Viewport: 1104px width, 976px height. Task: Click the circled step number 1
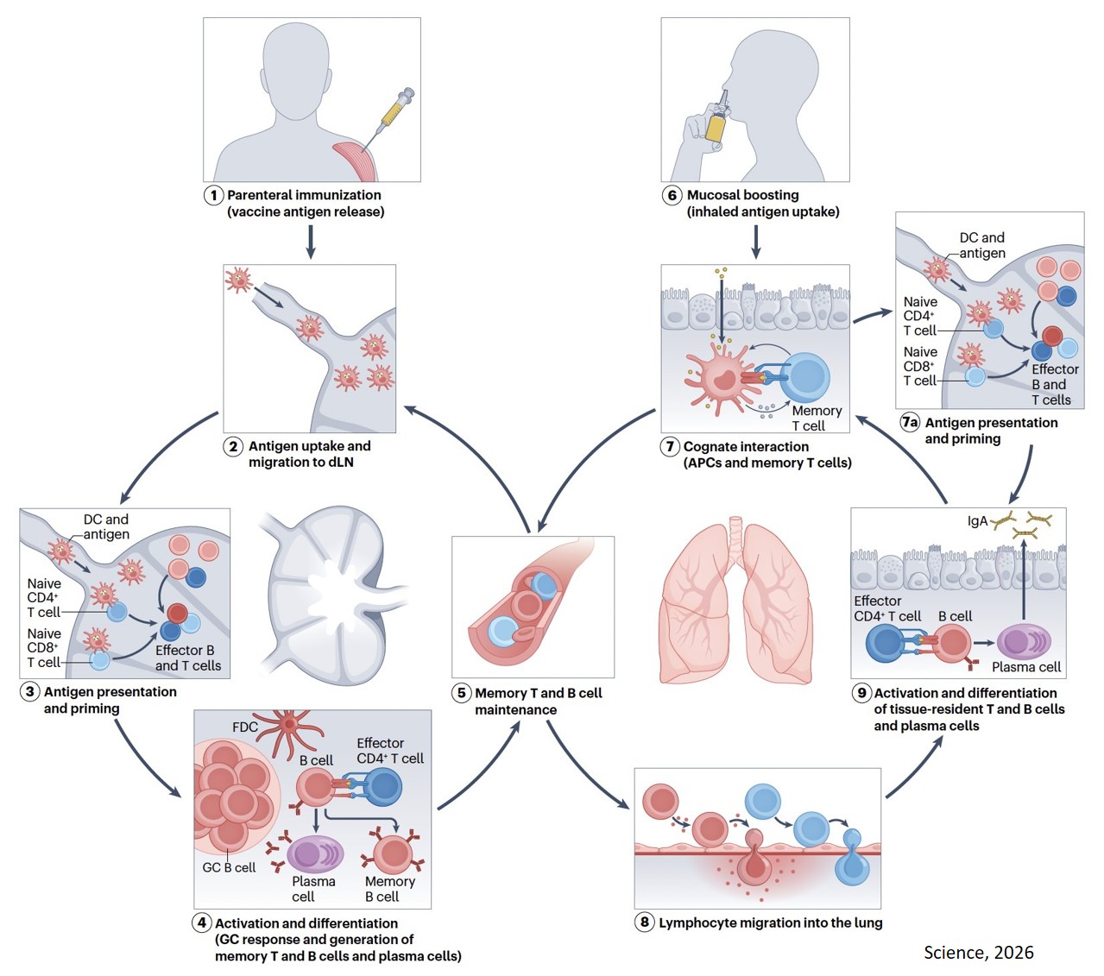click(x=214, y=195)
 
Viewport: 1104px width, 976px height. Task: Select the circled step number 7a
click(x=910, y=422)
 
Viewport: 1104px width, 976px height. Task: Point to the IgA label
click(x=976, y=521)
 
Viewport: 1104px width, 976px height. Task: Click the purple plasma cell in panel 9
click(x=1023, y=642)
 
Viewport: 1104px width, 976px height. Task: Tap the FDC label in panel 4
click(x=245, y=727)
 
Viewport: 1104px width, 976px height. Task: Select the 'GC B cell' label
click(x=229, y=867)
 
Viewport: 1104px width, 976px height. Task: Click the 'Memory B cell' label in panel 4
click(x=389, y=889)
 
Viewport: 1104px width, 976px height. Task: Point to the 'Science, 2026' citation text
click(x=978, y=952)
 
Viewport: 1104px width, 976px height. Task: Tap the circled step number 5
click(x=462, y=693)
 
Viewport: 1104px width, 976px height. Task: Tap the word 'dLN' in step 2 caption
click(x=338, y=462)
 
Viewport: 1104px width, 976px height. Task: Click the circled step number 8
click(x=645, y=922)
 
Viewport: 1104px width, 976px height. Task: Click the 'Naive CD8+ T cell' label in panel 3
click(x=44, y=647)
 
